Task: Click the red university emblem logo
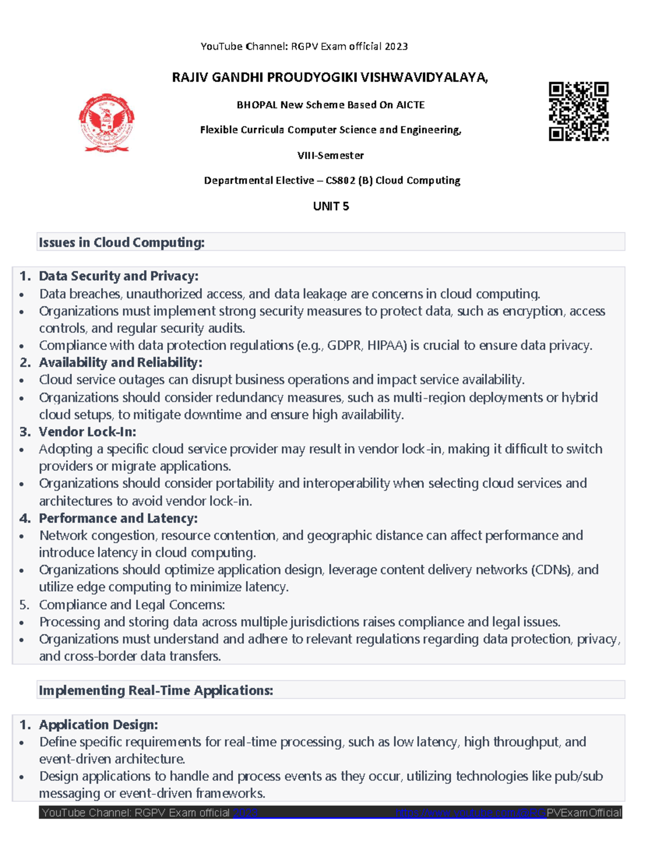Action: pos(106,123)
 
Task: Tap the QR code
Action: pos(578,111)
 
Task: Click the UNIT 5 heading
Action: pos(330,206)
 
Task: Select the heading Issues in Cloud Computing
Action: pos(121,242)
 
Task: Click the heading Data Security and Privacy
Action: pos(118,276)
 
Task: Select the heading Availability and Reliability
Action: pos(120,363)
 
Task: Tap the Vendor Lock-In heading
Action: pos(87,432)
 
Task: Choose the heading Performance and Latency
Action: pos(118,518)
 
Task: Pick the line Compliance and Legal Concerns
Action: pos(132,605)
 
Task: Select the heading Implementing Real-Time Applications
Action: pos(156,690)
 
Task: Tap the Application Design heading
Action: pos(98,725)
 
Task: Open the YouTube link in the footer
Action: pos(508,812)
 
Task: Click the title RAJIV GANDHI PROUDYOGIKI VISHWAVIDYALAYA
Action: pos(330,77)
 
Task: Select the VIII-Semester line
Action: pos(330,156)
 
